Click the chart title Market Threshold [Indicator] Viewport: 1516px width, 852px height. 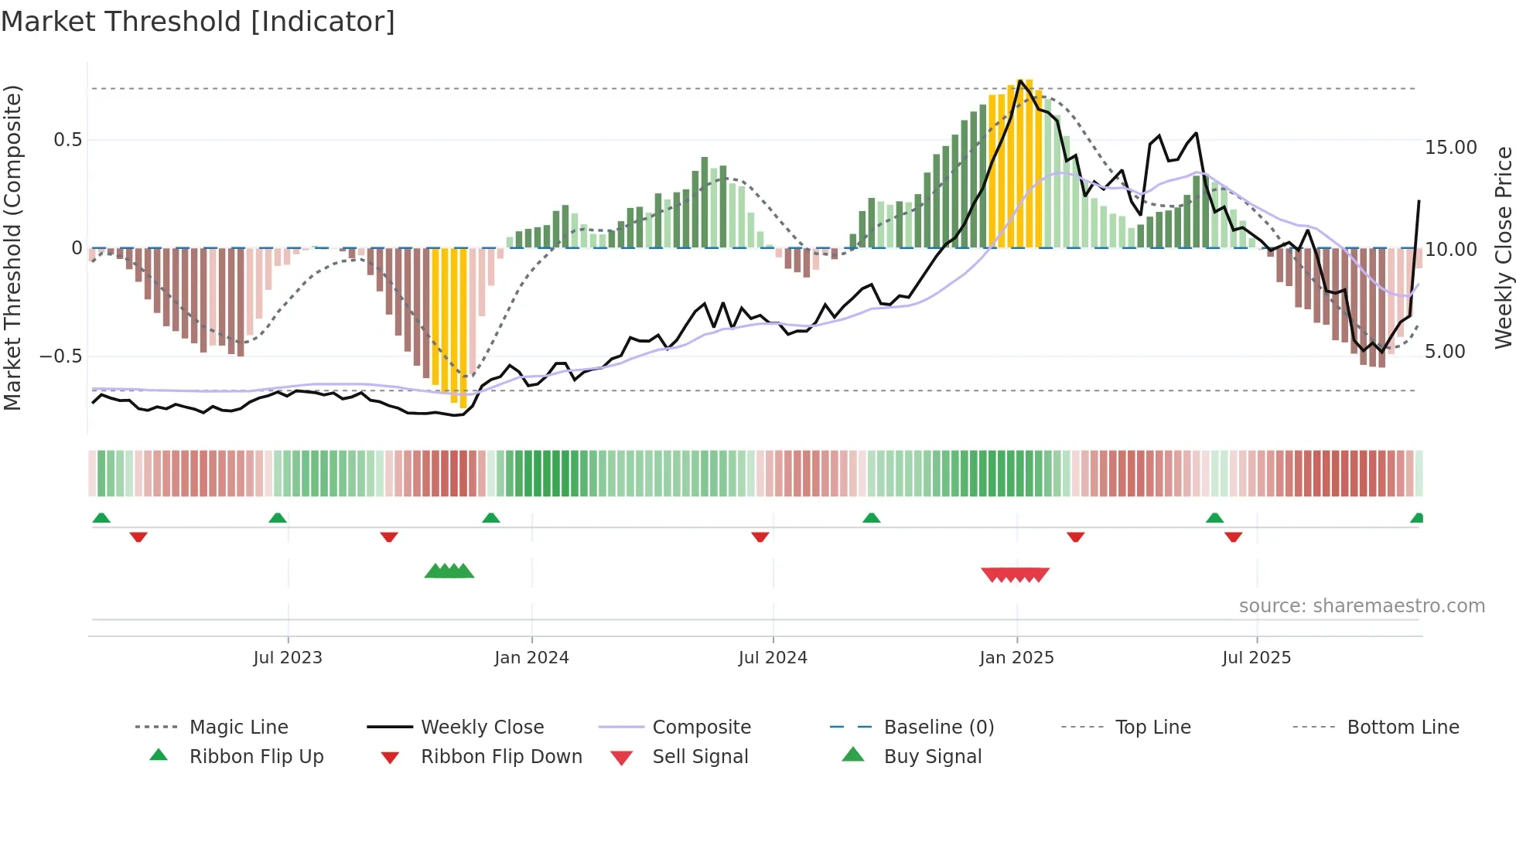198,22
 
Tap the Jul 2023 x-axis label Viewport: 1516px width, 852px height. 288,658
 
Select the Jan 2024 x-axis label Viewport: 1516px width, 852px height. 531,658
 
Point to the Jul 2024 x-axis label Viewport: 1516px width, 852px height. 773,658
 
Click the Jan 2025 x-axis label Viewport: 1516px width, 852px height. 1016,658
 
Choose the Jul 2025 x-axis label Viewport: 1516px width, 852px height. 1256,658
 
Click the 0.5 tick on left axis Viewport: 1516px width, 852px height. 68,140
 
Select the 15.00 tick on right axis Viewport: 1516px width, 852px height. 1450,148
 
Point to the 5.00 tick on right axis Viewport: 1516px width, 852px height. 1445,352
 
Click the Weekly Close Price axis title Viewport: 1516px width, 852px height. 1503,247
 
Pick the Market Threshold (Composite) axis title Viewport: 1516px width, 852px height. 12,247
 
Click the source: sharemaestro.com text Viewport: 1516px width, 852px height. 1361,606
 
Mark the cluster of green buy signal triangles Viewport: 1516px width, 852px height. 449,571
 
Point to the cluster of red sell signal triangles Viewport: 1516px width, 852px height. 1015,574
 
